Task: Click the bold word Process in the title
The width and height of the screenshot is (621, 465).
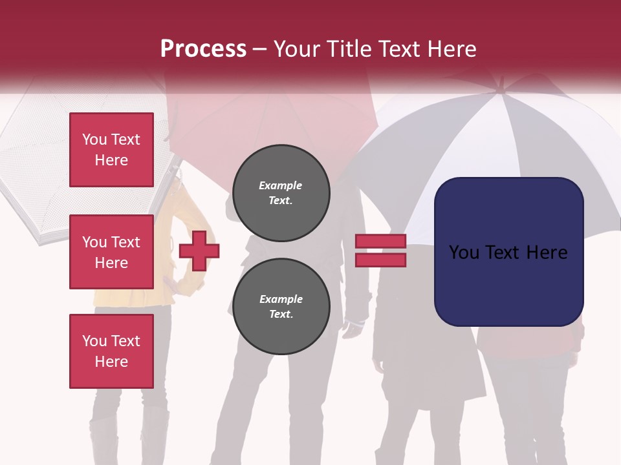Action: tap(203, 48)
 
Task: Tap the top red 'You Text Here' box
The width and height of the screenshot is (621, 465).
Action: tap(111, 150)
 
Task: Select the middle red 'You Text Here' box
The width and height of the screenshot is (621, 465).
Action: tap(111, 252)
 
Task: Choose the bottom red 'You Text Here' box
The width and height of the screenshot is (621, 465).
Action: tap(111, 351)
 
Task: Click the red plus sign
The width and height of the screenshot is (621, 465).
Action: tap(199, 251)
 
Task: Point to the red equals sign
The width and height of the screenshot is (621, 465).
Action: tap(381, 251)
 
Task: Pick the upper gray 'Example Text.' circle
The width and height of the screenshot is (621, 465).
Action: tap(281, 193)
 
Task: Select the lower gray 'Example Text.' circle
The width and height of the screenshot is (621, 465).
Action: tap(281, 307)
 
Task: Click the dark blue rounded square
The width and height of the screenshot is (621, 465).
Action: tap(509, 251)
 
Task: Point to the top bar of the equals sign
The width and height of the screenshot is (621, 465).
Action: tap(381, 242)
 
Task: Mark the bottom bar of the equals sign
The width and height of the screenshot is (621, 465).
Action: tap(381, 260)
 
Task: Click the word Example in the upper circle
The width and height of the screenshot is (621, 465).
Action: tap(281, 185)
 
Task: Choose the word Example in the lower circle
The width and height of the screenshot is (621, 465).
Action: tap(281, 299)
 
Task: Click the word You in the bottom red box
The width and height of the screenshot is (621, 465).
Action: tap(94, 341)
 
